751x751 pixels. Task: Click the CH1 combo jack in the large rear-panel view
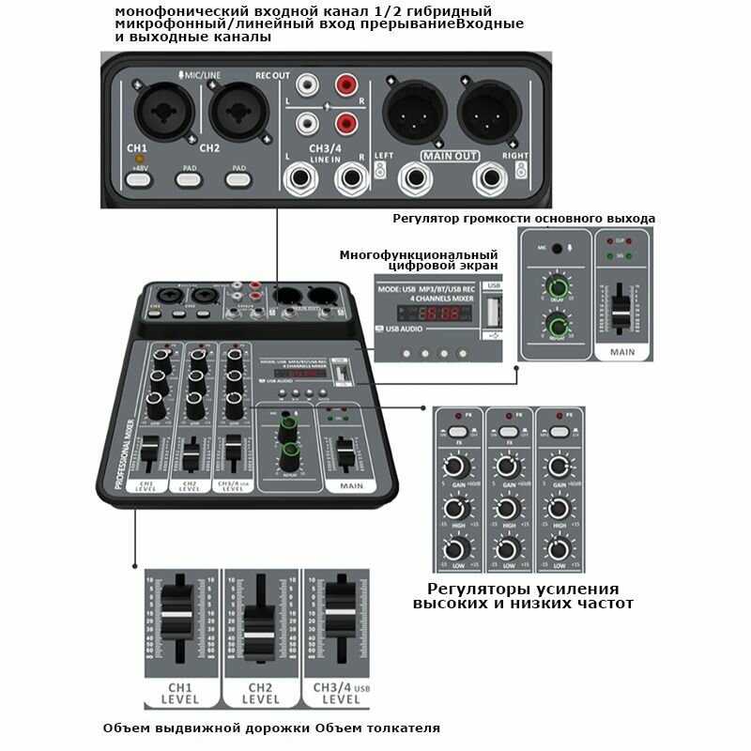tap(156, 114)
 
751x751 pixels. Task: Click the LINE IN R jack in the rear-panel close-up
tap(351, 177)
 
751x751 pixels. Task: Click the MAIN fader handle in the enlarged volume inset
tap(621, 308)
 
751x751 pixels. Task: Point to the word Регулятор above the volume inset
tap(426, 219)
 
